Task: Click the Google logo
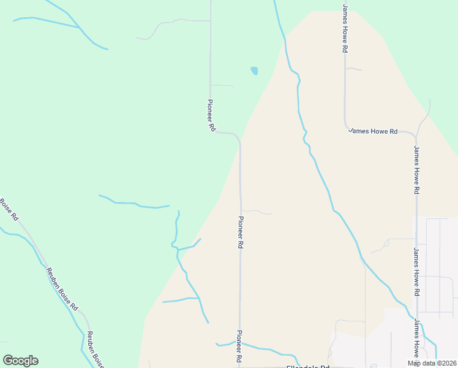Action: pyautogui.click(x=20, y=361)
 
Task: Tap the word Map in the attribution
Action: pyautogui.click(x=415, y=363)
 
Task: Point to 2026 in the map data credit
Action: pyautogui.click(x=449, y=363)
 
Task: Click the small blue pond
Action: pyautogui.click(x=254, y=71)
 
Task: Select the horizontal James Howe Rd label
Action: pyautogui.click(x=373, y=131)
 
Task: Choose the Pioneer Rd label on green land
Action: pyautogui.click(x=211, y=115)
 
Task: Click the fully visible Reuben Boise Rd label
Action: pyautogui.click(x=62, y=288)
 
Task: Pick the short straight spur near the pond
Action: pyautogui.click(x=222, y=85)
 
